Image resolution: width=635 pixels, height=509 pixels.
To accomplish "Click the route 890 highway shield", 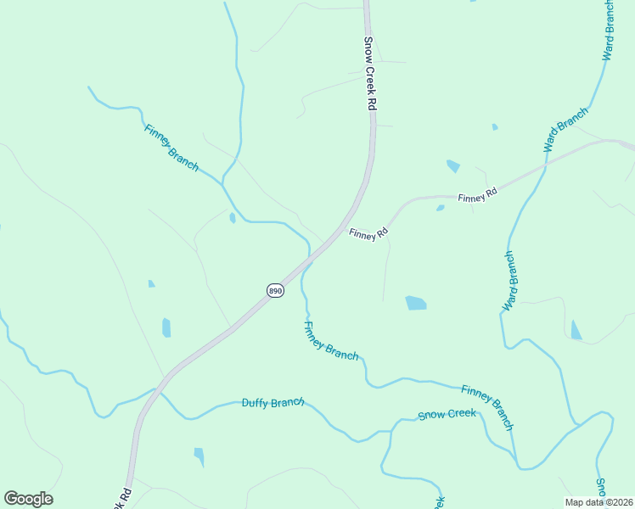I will coord(275,290).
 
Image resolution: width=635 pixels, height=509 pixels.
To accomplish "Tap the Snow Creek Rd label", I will coord(370,73).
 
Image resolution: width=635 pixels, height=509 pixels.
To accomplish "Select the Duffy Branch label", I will coord(273,402).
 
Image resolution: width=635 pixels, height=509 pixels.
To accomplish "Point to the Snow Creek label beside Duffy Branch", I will coord(447,415).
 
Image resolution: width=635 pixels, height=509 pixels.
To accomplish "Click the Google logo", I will coord(28,499).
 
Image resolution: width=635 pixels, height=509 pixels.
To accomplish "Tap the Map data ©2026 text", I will coord(598,502).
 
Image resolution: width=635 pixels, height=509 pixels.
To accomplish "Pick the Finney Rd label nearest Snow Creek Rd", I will coord(368,233).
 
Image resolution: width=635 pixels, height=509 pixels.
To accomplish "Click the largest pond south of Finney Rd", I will coord(415,303).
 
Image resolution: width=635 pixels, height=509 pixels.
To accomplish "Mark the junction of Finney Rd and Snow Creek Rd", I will coord(344,231).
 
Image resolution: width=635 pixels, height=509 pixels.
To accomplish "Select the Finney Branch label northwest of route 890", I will coord(171,148).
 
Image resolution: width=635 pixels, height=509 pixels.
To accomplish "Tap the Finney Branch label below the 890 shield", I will coord(330,341).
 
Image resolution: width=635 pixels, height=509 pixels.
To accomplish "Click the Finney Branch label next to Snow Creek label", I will coord(487,406).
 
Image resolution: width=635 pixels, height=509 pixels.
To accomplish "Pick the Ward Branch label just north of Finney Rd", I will coord(565,129).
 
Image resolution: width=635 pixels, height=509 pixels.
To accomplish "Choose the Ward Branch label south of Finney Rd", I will coord(510,281).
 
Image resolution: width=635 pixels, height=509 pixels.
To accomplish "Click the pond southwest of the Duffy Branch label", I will coord(199,456).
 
